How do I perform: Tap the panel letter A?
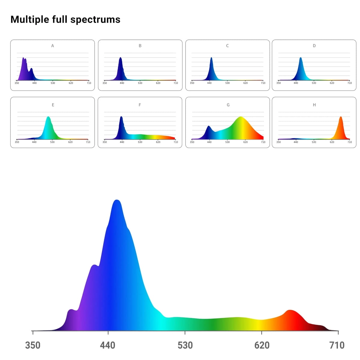52,46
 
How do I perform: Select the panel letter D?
314,46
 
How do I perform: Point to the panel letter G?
228,105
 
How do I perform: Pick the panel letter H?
314,105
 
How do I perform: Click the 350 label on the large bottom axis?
33,345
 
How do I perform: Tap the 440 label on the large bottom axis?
108,345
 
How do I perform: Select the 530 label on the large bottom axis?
185,345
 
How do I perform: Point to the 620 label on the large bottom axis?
262,345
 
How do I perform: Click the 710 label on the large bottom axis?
337,345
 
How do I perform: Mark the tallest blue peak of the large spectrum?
117,200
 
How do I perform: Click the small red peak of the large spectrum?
290,310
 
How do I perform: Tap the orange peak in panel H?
341,117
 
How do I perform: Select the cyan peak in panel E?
48,117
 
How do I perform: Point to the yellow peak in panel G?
241,117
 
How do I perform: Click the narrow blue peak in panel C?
211,58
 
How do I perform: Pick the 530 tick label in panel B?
140,83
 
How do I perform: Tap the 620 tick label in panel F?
158,142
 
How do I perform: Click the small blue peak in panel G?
209,126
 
